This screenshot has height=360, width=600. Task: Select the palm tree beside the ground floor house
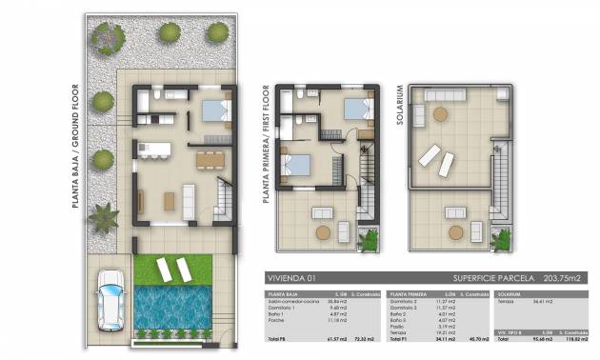coord(101,218)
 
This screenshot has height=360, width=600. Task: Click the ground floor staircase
coord(222,200)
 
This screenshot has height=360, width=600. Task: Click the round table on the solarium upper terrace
coord(441,114)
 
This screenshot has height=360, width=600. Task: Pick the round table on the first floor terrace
coord(323,231)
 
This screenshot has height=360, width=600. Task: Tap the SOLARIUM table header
coord(508,294)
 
